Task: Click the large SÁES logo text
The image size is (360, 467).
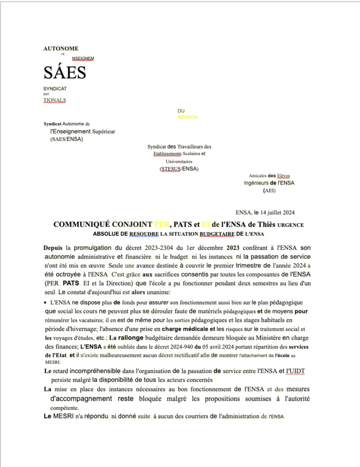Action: pos(64,73)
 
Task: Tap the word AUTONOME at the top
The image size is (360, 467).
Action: pos(61,48)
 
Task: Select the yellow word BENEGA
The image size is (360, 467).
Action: pos(187,117)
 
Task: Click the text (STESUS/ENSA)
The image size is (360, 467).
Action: pos(179,169)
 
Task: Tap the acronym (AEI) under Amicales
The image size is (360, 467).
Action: pos(269,190)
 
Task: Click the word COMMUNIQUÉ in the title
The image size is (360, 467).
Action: pos(85,225)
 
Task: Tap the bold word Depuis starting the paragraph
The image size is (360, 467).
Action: pos(53,247)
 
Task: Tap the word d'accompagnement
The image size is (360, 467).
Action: pos(81,398)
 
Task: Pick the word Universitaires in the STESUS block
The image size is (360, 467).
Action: pos(179,161)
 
